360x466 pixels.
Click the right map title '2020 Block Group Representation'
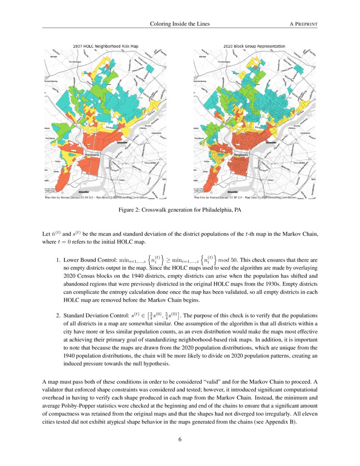[x=254, y=46]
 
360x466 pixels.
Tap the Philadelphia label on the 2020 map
[x=241, y=155]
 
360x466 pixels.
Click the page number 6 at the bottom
[x=180, y=439]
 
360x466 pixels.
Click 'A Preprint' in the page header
[x=303, y=24]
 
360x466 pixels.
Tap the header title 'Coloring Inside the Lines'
[x=180, y=24]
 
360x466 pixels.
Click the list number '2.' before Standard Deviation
[x=58, y=316]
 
